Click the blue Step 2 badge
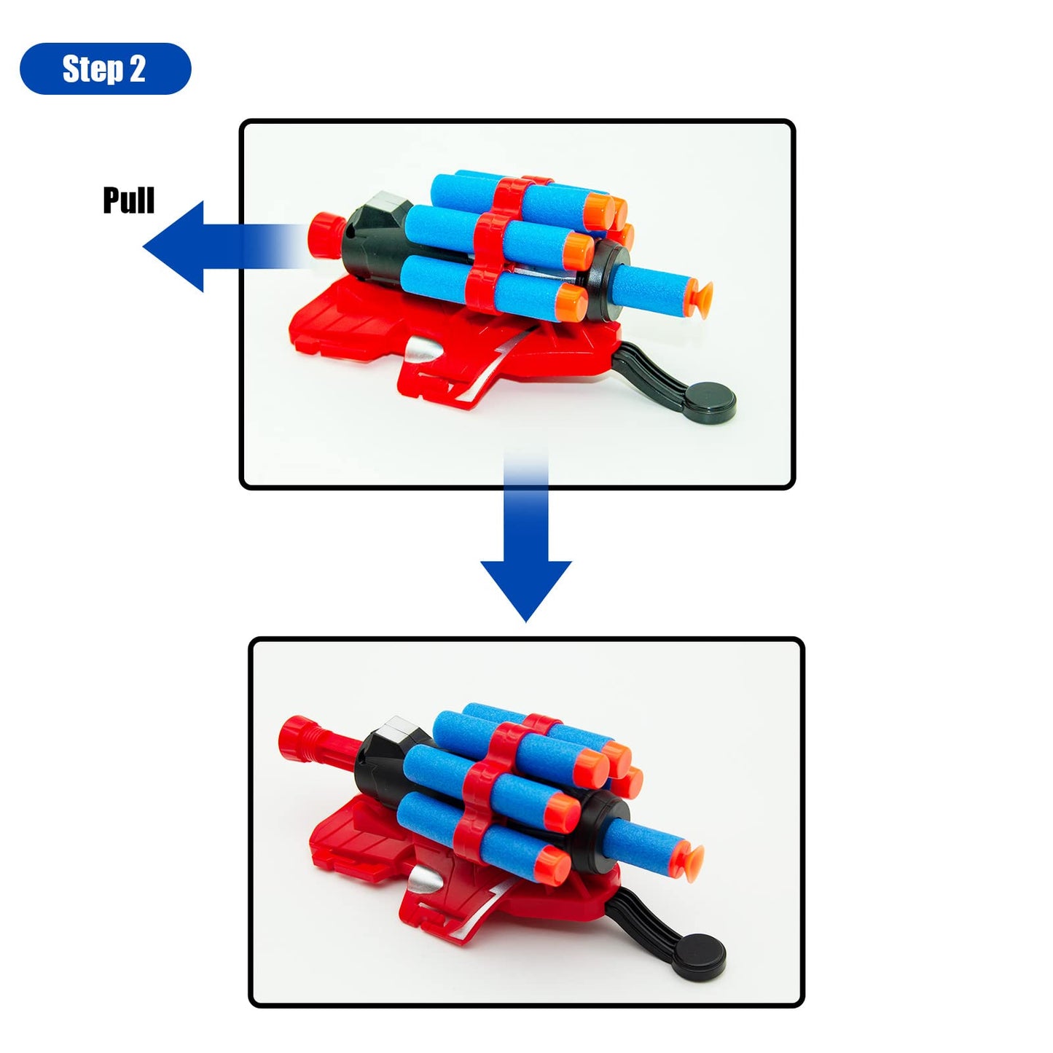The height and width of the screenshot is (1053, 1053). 106,68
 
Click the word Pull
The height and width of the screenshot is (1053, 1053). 129,200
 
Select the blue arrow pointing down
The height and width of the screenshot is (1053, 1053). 525,536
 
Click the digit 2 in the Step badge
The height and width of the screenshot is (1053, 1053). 137,69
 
